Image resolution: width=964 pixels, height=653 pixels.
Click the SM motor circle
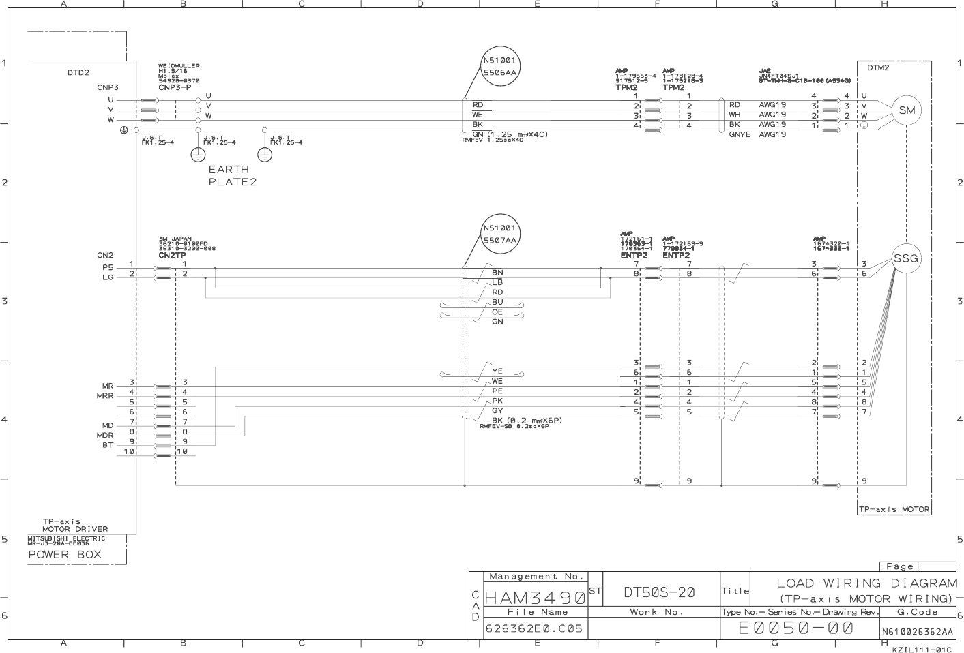[907, 110]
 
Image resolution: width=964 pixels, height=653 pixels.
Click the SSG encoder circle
[906, 259]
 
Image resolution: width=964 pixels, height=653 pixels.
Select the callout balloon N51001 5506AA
[500, 66]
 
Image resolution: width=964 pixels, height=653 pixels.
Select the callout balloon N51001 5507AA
[500, 234]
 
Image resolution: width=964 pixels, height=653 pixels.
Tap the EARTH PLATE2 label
[232, 175]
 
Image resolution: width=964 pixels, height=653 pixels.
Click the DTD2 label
[78, 72]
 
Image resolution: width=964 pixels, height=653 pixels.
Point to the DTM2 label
[878, 67]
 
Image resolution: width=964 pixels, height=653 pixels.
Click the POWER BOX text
[65, 554]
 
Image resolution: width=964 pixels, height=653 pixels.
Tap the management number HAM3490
[535, 598]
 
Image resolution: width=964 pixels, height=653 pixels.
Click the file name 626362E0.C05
[534, 628]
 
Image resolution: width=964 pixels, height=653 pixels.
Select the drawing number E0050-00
[796, 628]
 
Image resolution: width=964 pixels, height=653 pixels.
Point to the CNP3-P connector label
[175, 87]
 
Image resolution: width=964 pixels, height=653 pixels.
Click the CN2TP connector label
[172, 256]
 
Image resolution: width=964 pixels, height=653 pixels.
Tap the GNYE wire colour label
[740, 134]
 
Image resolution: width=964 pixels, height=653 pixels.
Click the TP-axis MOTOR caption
[894, 509]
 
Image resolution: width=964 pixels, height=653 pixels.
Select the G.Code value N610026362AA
[918, 632]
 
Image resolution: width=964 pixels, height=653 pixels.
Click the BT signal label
[108, 445]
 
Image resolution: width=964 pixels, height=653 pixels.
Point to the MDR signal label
[105, 435]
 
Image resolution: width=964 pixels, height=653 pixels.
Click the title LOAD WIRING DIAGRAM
[866, 583]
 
